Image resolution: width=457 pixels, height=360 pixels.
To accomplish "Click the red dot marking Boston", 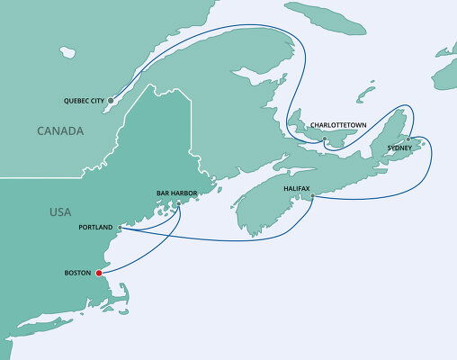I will (98, 273).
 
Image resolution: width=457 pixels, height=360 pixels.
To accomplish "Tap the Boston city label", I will (78, 273).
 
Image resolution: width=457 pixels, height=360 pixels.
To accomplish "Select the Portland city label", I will (96, 228).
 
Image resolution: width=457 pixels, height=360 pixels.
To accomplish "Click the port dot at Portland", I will (120, 228).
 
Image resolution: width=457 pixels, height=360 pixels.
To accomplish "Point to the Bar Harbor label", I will (175, 193).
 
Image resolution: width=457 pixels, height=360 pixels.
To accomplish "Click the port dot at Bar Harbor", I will (178, 202).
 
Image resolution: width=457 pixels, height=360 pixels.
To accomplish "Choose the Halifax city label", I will (297, 188).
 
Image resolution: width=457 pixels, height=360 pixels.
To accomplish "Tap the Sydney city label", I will (399, 148).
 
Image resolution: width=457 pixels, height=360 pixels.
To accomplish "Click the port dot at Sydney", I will (408, 139).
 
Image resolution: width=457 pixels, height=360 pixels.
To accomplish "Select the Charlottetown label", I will (336, 125).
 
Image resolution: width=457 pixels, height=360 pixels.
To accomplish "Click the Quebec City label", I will (85, 100).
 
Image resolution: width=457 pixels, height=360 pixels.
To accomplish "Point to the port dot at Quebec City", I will (111, 100).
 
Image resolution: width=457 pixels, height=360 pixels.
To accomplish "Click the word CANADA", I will (60, 131).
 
